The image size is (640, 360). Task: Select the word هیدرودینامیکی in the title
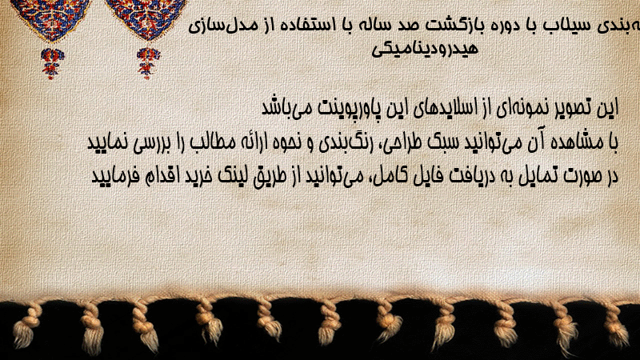425,49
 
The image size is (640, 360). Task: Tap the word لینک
235,176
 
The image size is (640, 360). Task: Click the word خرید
198,176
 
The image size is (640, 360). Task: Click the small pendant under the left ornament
52,63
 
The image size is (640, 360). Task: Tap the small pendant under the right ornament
148,63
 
